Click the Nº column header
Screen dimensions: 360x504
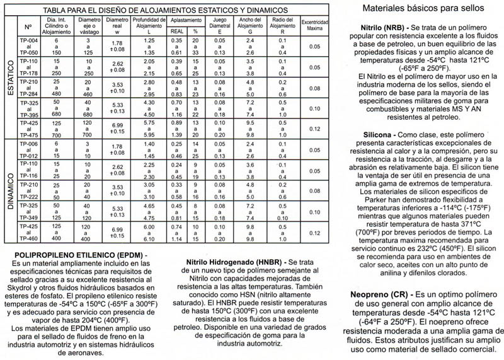tap(28, 28)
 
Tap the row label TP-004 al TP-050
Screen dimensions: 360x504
tap(29, 47)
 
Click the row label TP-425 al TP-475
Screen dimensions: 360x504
tap(29, 126)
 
